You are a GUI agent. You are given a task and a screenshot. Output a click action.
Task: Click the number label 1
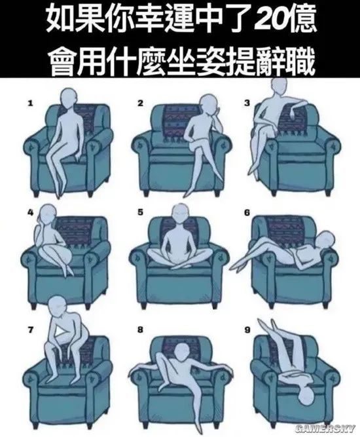(x=30, y=104)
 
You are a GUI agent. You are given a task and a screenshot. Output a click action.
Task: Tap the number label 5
(x=140, y=212)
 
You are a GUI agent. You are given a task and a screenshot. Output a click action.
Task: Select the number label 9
(x=247, y=330)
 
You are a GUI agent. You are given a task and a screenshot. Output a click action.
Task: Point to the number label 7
(x=30, y=330)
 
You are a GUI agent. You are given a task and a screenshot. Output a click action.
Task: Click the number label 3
(x=247, y=104)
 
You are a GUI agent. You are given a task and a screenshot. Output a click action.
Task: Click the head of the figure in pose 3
(x=279, y=86)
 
